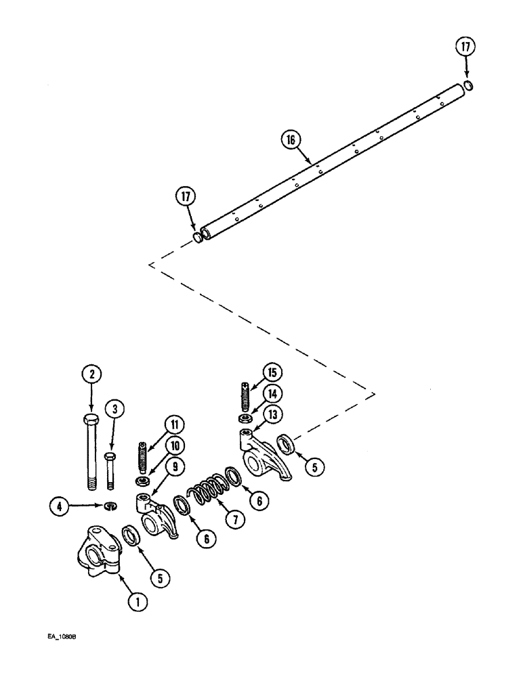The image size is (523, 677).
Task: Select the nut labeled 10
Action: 143,481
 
